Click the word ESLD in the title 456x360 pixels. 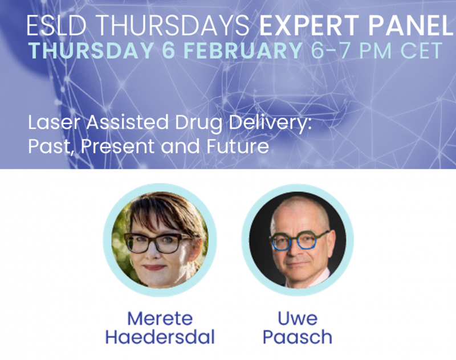56,25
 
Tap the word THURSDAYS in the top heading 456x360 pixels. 172,25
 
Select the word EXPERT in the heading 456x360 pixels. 310,25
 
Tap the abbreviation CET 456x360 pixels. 421,51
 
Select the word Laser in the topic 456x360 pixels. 54,122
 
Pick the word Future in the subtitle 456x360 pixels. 238,146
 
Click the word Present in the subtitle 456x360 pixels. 117,146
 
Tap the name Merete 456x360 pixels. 160,318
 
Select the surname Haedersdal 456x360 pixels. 160,337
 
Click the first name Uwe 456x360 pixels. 298,318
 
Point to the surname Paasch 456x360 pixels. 298,337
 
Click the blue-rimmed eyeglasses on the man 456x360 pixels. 299,240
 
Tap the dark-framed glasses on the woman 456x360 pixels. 157,243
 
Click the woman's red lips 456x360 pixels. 154,267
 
